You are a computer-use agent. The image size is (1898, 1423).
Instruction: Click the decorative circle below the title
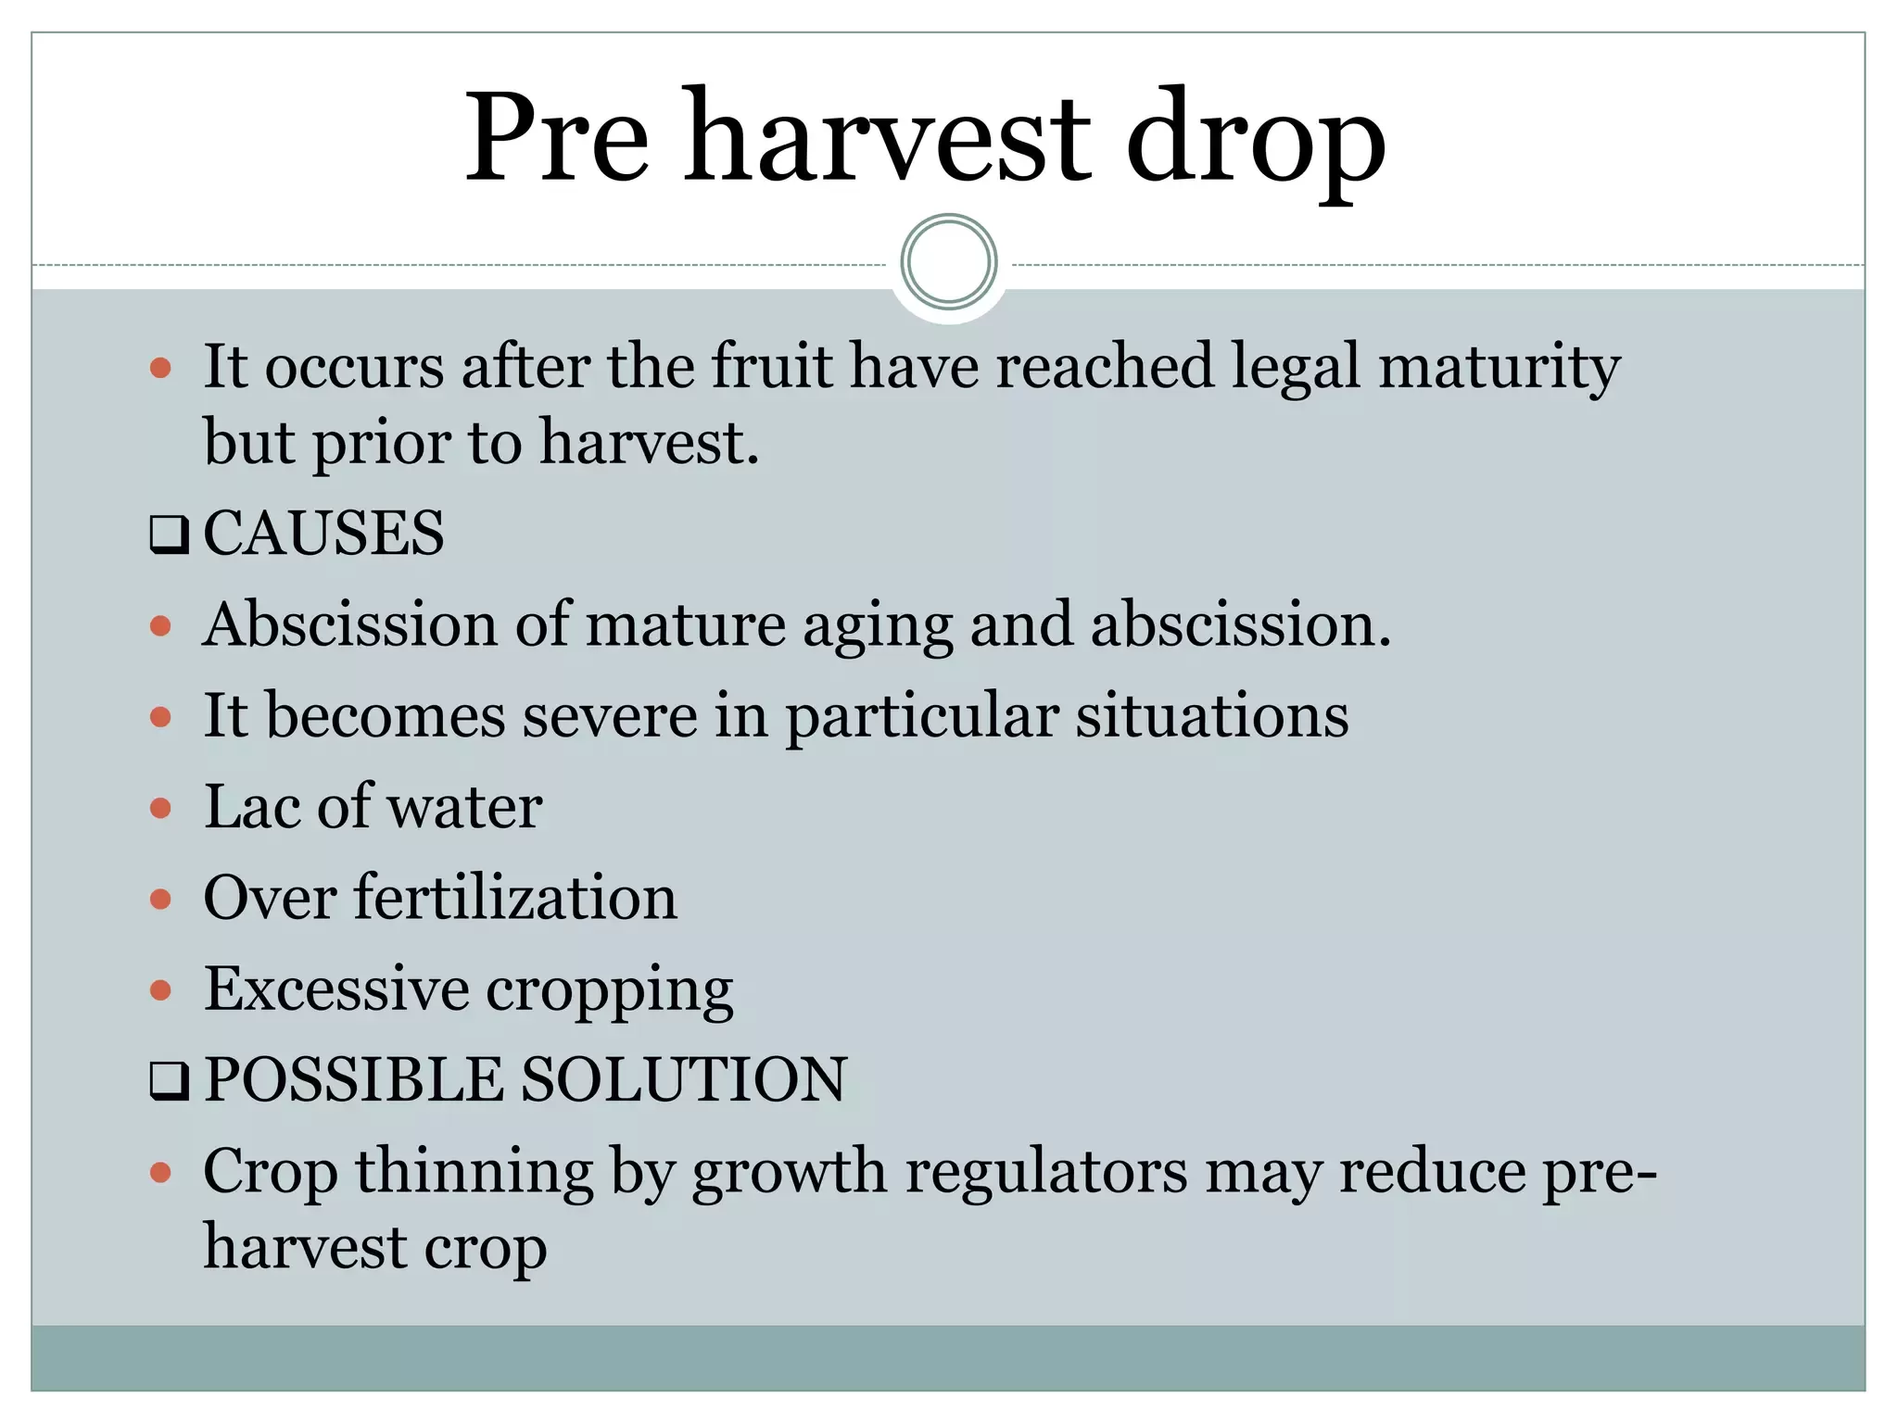pos(948,261)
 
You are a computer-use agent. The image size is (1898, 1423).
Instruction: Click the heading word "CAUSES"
pos(323,534)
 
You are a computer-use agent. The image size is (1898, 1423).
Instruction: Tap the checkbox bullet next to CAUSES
pos(169,535)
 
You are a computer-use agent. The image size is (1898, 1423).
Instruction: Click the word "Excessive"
pos(336,989)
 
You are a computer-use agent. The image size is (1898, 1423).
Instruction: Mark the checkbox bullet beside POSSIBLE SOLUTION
pos(169,1081)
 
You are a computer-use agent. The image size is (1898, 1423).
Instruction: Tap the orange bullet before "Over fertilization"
pos(161,899)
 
